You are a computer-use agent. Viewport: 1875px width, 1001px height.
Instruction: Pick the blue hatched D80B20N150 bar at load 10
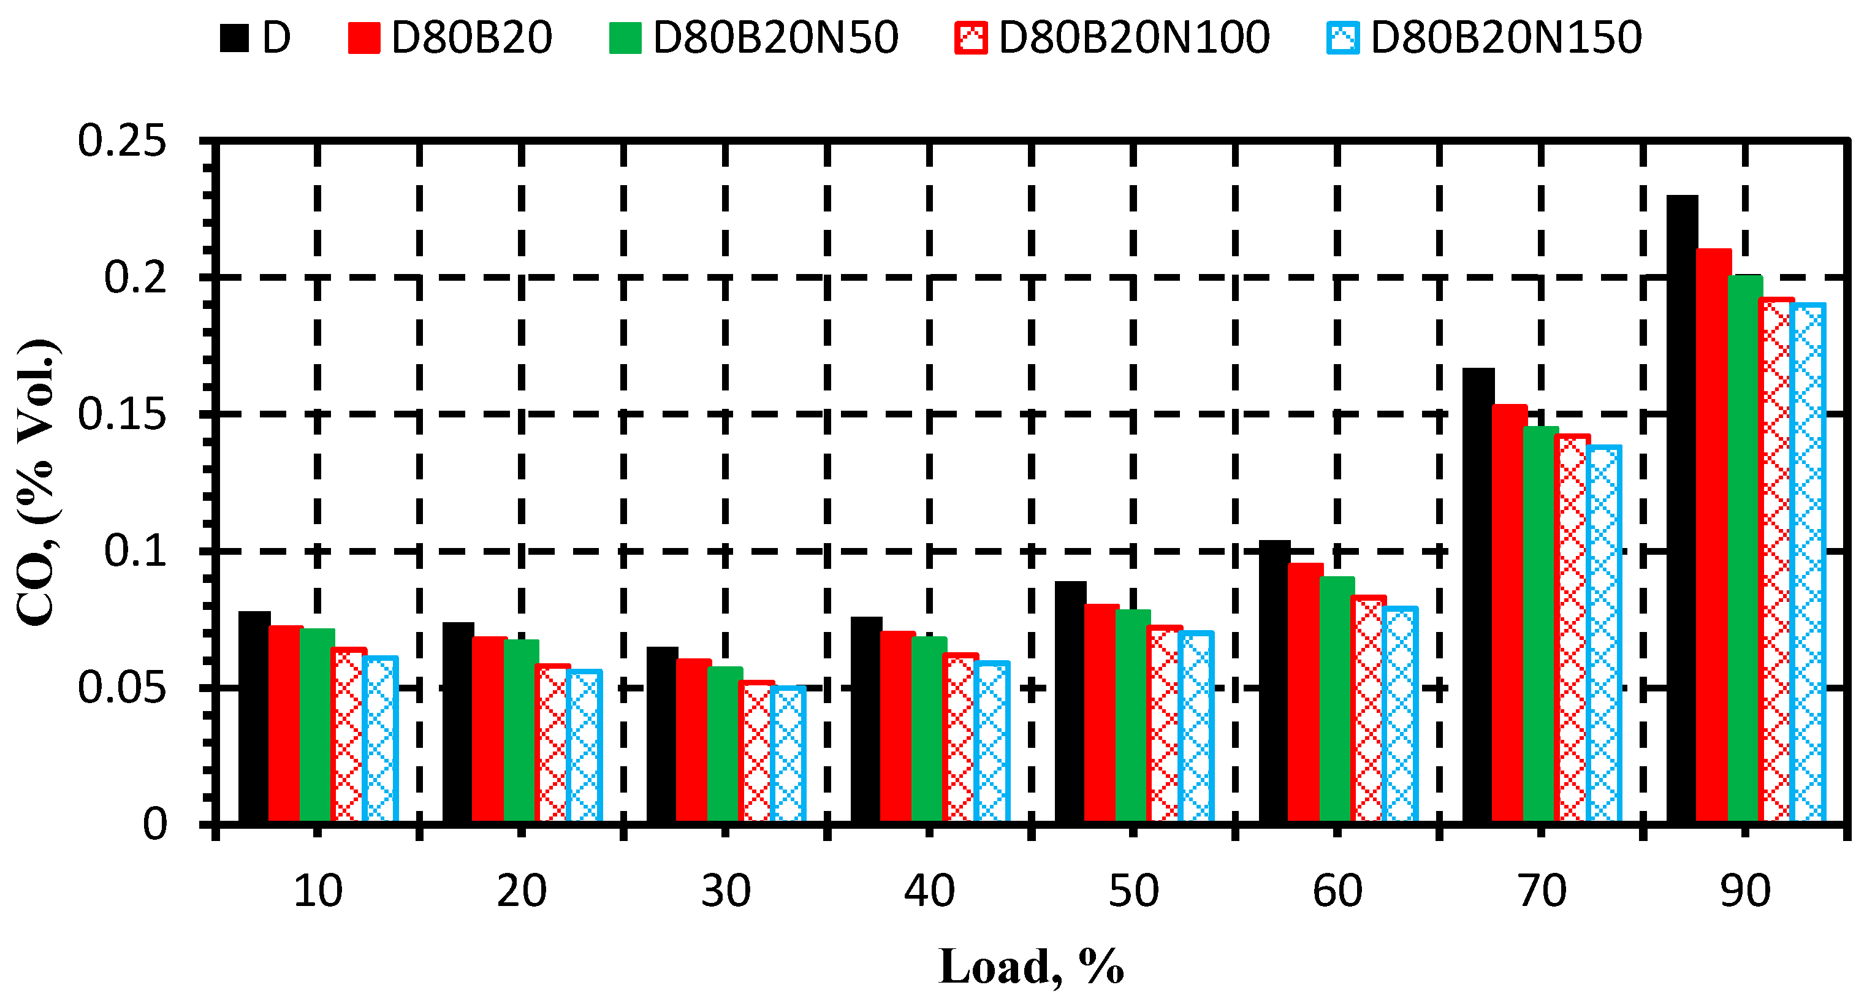380,739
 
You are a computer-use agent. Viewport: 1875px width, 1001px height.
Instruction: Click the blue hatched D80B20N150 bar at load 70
1603,633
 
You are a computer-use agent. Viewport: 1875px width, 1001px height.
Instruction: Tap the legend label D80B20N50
775,37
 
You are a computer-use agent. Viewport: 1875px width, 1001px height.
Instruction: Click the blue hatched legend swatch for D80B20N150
1342,39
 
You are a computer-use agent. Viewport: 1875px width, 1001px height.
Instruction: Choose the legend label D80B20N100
1133,37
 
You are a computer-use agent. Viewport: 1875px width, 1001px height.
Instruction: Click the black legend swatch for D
234,39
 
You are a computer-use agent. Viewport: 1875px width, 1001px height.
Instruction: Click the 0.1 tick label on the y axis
135,551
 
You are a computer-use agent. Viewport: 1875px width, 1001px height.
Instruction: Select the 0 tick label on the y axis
154,825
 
